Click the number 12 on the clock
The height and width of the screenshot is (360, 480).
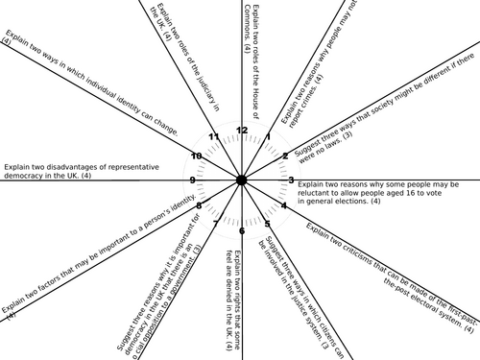coord(242,130)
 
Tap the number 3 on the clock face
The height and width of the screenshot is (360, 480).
coord(291,180)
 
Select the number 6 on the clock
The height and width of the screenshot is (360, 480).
coord(241,230)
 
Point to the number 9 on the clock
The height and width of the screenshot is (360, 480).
coord(192,180)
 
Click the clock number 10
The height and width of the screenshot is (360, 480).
coord(196,156)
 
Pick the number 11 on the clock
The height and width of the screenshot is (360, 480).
coord(214,136)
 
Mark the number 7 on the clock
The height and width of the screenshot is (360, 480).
coord(216,224)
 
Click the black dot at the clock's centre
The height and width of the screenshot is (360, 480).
coord(241,180)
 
